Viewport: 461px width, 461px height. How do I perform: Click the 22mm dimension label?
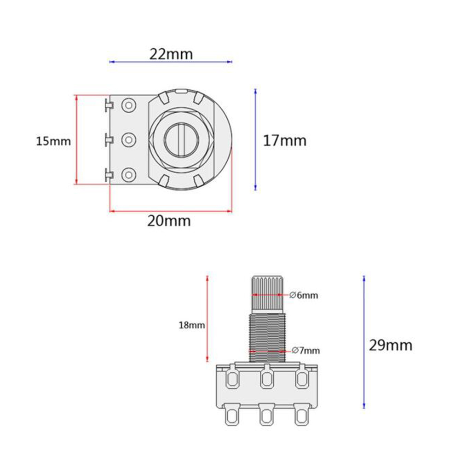(171, 54)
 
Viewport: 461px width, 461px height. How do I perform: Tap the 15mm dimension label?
(54, 141)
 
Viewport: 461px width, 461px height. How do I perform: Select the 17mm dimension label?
(284, 140)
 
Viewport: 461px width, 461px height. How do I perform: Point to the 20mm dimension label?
(169, 221)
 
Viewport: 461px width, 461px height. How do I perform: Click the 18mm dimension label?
(191, 325)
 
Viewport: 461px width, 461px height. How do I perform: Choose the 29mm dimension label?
(391, 345)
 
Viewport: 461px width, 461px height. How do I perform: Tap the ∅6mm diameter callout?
(304, 295)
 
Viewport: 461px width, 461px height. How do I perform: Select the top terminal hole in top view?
(128, 105)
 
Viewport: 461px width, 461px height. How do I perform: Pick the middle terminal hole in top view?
(128, 139)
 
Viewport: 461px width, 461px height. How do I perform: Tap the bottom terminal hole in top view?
(128, 174)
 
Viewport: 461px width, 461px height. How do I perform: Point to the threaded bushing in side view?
(267, 336)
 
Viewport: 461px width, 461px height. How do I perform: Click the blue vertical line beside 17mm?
(255, 139)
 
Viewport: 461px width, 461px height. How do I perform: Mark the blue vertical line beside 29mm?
(364, 342)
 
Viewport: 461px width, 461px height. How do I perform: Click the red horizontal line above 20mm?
(170, 212)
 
